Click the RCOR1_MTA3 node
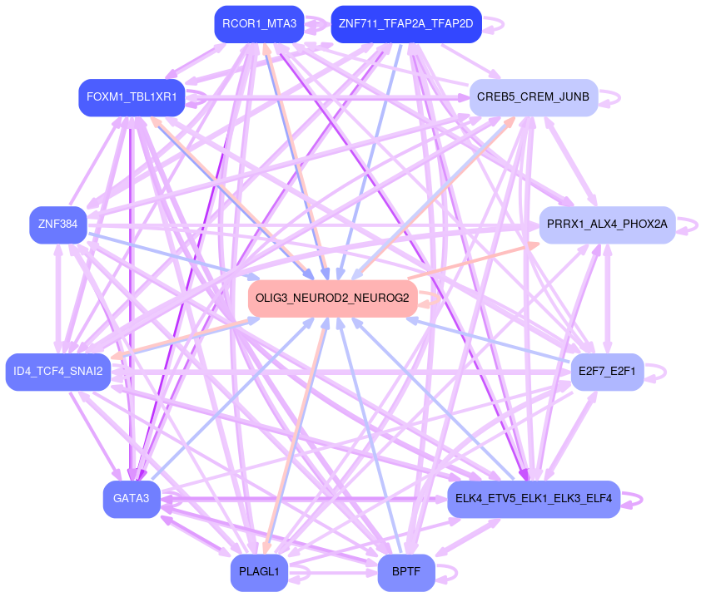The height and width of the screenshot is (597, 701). point(260,24)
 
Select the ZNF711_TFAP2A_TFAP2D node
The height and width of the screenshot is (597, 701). point(405,24)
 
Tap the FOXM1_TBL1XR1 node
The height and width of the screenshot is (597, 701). point(132,97)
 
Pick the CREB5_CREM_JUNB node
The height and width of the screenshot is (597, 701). point(533,97)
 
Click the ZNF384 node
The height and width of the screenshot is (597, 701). point(57,224)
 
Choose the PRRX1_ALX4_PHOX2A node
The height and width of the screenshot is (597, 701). point(607,224)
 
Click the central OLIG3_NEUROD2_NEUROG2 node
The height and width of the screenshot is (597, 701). point(332,298)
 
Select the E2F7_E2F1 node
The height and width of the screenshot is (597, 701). point(607,371)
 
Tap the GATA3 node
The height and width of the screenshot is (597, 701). point(132,499)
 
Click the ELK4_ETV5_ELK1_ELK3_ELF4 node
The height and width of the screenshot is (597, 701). point(534,499)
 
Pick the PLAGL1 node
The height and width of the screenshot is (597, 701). point(260,572)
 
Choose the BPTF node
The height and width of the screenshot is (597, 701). point(406,572)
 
